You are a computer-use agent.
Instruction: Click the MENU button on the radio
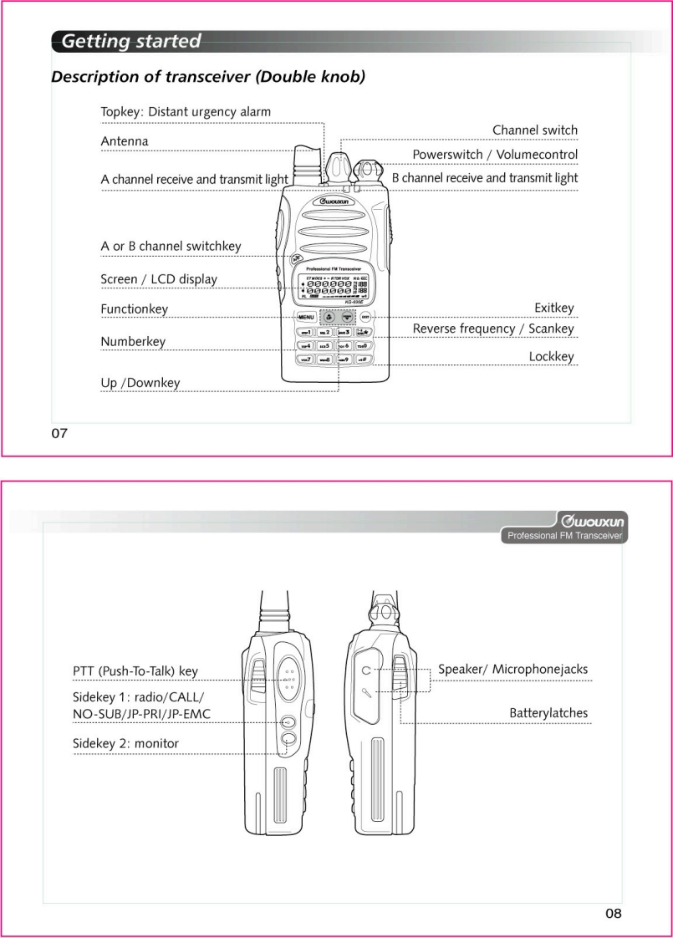point(304,318)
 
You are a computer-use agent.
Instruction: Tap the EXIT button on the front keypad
point(366,318)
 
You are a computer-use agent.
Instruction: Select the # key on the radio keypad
point(363,359)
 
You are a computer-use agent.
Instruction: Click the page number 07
point(59,433)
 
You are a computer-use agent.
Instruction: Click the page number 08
point(614,913)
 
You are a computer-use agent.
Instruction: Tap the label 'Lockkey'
point(551,356)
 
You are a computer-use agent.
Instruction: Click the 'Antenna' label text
point(125,141)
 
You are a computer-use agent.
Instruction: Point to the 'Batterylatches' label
point(548,713)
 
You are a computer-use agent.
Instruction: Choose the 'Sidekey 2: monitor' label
point(125,743)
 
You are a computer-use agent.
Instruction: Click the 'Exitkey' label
point(553,309)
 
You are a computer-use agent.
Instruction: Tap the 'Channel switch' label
point(534,130)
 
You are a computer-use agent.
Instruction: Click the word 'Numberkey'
point(133,341)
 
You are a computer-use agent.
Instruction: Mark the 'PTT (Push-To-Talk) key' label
point(135,670)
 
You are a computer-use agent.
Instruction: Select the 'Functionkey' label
point(134,309)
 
